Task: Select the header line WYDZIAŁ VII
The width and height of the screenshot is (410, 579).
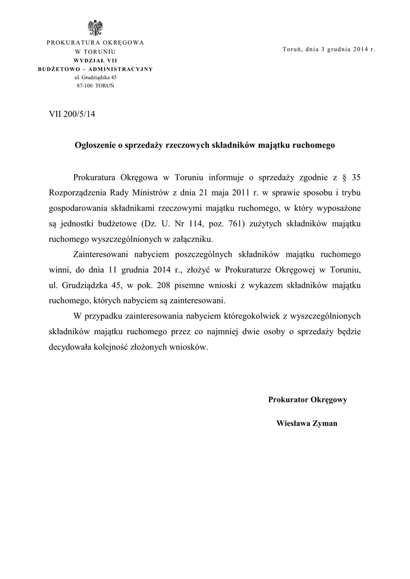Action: (95, 60)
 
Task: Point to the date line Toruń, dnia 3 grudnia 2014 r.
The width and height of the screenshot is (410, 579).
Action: (328, 50)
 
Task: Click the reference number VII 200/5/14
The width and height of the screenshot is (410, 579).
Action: (72, 114)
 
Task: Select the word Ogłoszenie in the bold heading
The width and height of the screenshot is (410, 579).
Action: (95, 145)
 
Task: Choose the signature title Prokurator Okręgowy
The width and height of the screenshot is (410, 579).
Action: (308, 400)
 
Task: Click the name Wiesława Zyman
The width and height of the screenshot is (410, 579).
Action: (307, 423)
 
